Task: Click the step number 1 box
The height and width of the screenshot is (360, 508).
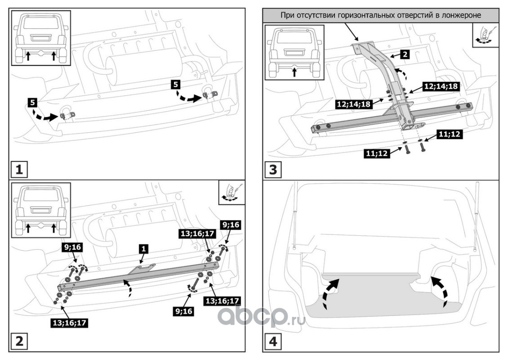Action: click(x=18, y=170)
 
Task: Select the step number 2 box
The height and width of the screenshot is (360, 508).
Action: click(x=18, y=341)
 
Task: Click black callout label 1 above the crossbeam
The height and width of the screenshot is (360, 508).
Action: click(x=143, y=248)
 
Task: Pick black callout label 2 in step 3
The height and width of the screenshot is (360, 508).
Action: click(x=405, y=55)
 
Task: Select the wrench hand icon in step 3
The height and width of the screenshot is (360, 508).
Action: click(x=485, y=36)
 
